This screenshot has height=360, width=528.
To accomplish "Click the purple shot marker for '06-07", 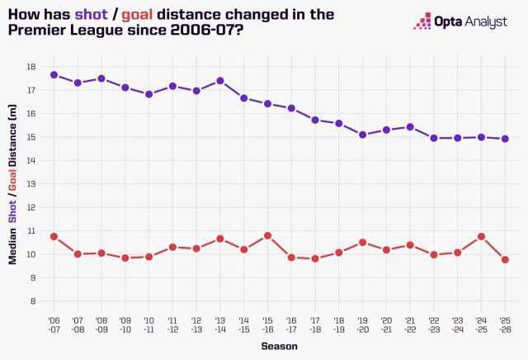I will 54,74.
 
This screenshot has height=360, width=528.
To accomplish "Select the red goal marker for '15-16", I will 267,235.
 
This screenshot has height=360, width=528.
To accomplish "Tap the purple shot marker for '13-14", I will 220,81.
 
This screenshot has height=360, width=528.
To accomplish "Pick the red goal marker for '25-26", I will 506,259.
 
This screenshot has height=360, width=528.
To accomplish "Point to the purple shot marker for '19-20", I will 363,134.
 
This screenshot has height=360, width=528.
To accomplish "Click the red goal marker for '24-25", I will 482,236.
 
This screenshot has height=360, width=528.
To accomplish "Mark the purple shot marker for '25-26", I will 506,139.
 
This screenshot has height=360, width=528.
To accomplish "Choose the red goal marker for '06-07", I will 54,236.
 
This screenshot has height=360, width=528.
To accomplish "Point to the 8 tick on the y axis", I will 33,301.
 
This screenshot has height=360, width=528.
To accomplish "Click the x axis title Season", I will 279,345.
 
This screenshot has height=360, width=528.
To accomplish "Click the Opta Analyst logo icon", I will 422,21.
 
